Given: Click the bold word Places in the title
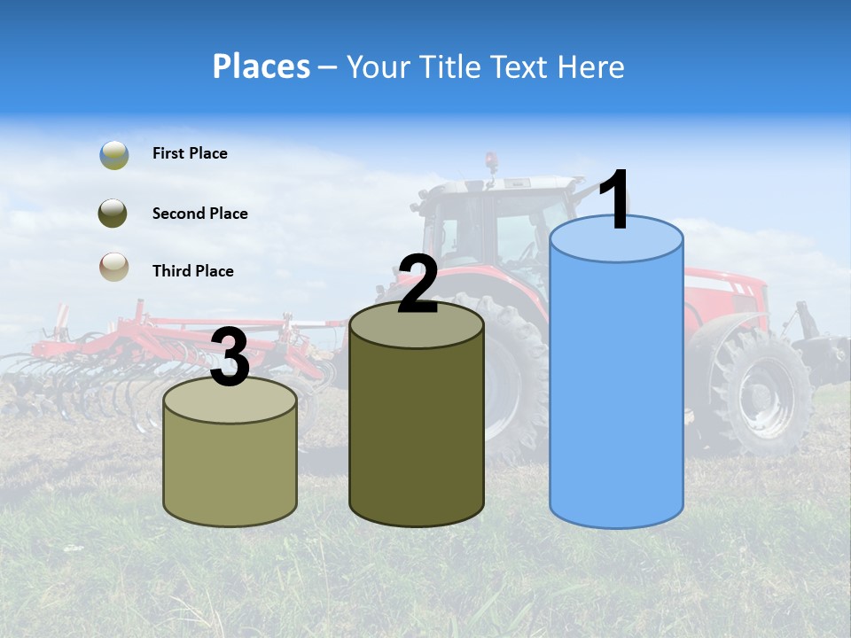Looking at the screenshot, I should pyautogui.click(x=261, y=66).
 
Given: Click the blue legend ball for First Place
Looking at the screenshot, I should pyautogui.click(x=113, y=154).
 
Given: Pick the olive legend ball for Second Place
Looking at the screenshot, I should pyautogui.click(x=113, y=214).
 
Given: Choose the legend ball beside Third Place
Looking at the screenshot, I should pyautogui.click(x=113, y=266).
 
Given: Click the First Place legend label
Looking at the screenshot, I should pyautogui.click(x=190, y=153).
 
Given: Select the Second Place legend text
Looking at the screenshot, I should pyautogui.click(x=199, y=214).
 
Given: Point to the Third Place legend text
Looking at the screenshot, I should pyautogui.click(x=192, y=271).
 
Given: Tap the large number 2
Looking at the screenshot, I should pyautogui.click(x=418, y=284).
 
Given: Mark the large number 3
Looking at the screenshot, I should pyautogui.click(x=230, y=358).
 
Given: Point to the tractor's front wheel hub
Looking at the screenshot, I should pyautogui.click(x=758, y=396).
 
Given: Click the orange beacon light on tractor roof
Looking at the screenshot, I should pyautogui.click(x=490, y=160).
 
